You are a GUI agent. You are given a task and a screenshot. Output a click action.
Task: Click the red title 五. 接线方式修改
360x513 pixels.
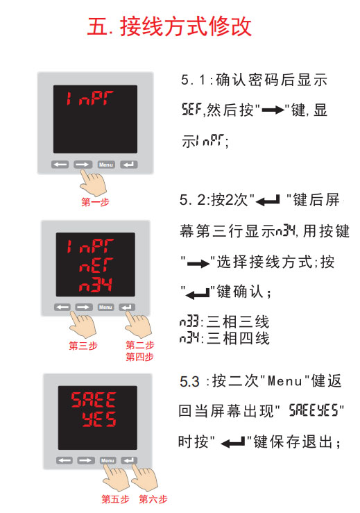click(x=169, y=26)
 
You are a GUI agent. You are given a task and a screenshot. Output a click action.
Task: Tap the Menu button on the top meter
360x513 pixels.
click(x=106, y=165)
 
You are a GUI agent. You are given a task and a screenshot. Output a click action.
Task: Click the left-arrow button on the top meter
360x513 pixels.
click(x=60, y=165)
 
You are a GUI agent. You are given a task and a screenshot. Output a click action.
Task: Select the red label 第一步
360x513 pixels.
click(x=95, y=202)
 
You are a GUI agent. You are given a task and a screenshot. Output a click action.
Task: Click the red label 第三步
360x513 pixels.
click(x=83, y=346)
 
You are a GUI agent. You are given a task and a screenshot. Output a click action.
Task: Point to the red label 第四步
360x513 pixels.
click(x=139, y=357)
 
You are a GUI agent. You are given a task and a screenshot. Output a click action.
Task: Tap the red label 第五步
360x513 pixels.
click(x=115, y=499)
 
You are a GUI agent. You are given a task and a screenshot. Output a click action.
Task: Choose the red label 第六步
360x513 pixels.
click(x=153, y=499)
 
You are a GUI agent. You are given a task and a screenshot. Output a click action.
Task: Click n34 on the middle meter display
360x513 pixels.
click(x=96, y=285)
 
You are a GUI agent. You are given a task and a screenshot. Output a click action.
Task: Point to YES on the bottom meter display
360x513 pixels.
click(x=99, y=419)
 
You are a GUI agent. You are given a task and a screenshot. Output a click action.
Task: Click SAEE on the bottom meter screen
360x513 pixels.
click(x=94, y=400)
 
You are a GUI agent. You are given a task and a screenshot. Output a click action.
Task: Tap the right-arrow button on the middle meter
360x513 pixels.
click(x=84, y=308)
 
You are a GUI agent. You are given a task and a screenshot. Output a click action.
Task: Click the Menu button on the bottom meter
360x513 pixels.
click(x=108, y=460)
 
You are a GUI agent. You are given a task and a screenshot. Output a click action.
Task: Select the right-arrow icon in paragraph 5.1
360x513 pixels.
click(x=273, y=110)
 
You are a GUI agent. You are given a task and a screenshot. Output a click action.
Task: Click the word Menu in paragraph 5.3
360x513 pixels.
click(x=284, y=382)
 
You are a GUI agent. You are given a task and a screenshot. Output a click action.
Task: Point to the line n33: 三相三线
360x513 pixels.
click(x=224, y=322)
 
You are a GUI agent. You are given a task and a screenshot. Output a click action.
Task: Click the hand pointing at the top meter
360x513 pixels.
click(x=92, y=182)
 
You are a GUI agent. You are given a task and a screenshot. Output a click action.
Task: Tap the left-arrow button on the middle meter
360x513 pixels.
click(x=62, y=308)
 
